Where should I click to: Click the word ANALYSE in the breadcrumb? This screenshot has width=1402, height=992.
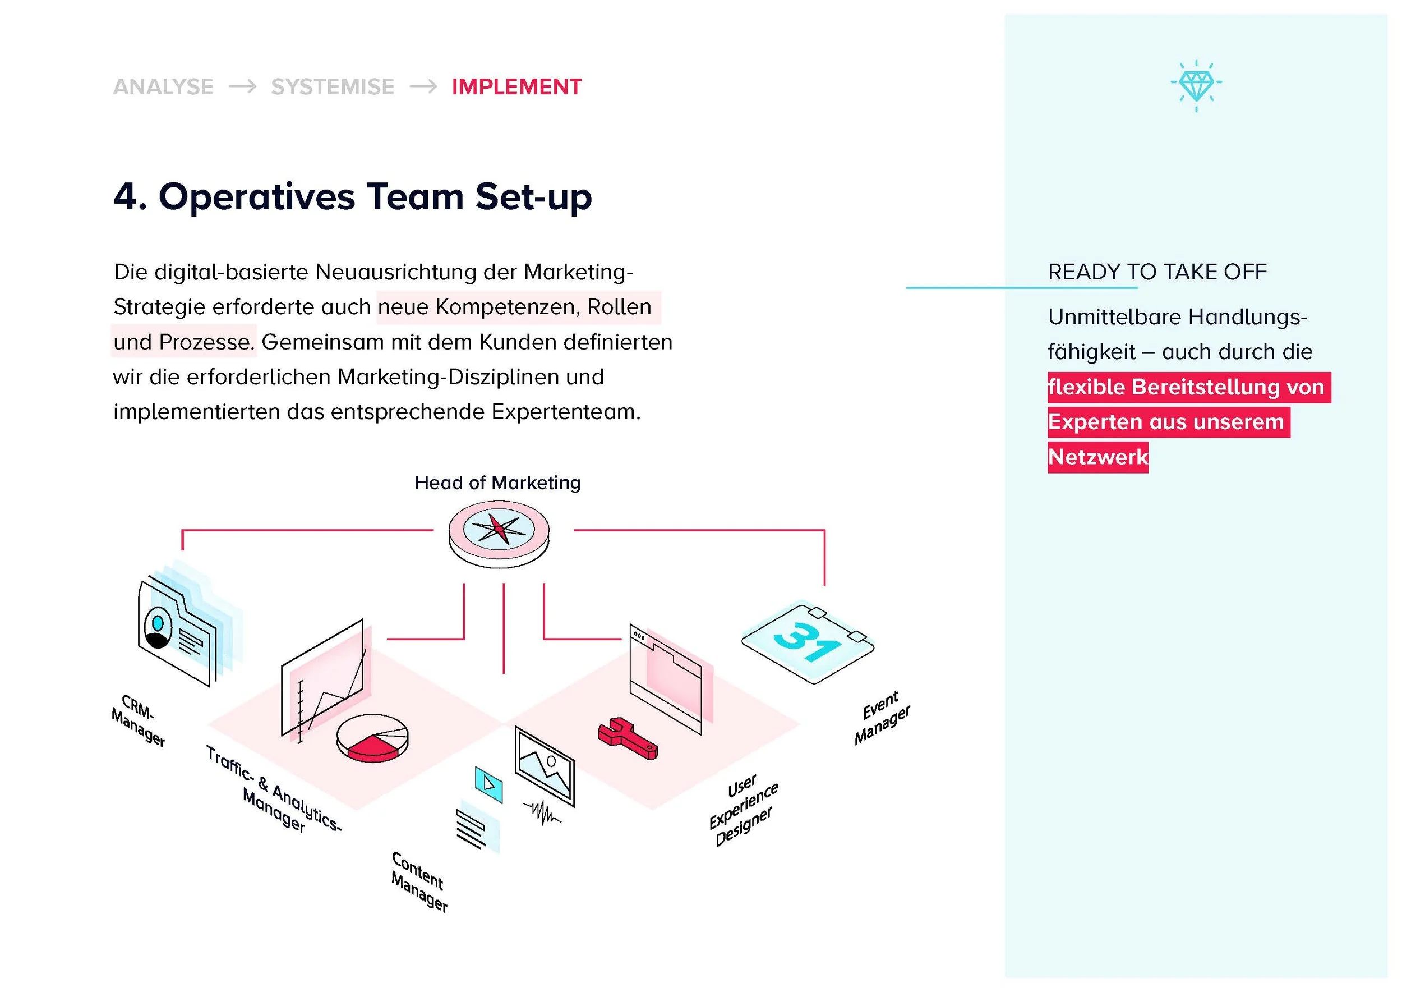pos(163,87)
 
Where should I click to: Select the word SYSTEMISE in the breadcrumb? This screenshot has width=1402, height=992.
pos(333,87)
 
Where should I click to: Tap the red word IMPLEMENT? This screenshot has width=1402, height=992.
pos(516,87)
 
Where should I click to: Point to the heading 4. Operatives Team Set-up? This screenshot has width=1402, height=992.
pos(353,197)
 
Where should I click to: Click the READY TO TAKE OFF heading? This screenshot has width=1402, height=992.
pos(1157,272)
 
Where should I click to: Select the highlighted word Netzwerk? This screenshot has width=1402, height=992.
pos(1098,457)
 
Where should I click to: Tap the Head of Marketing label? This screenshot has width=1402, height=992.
pos(497,483)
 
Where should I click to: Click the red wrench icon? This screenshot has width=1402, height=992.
pos(628,738)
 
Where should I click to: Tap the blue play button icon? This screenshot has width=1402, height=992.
pos(488,784)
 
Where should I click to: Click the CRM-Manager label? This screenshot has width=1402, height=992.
pos(139,721)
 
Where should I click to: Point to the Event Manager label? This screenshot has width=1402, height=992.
pos(882,717)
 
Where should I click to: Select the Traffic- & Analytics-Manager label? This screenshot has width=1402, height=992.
pos(274,790)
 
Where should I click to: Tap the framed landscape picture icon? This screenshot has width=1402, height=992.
pos(545,765)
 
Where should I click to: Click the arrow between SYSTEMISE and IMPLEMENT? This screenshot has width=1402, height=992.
pos(423,87)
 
